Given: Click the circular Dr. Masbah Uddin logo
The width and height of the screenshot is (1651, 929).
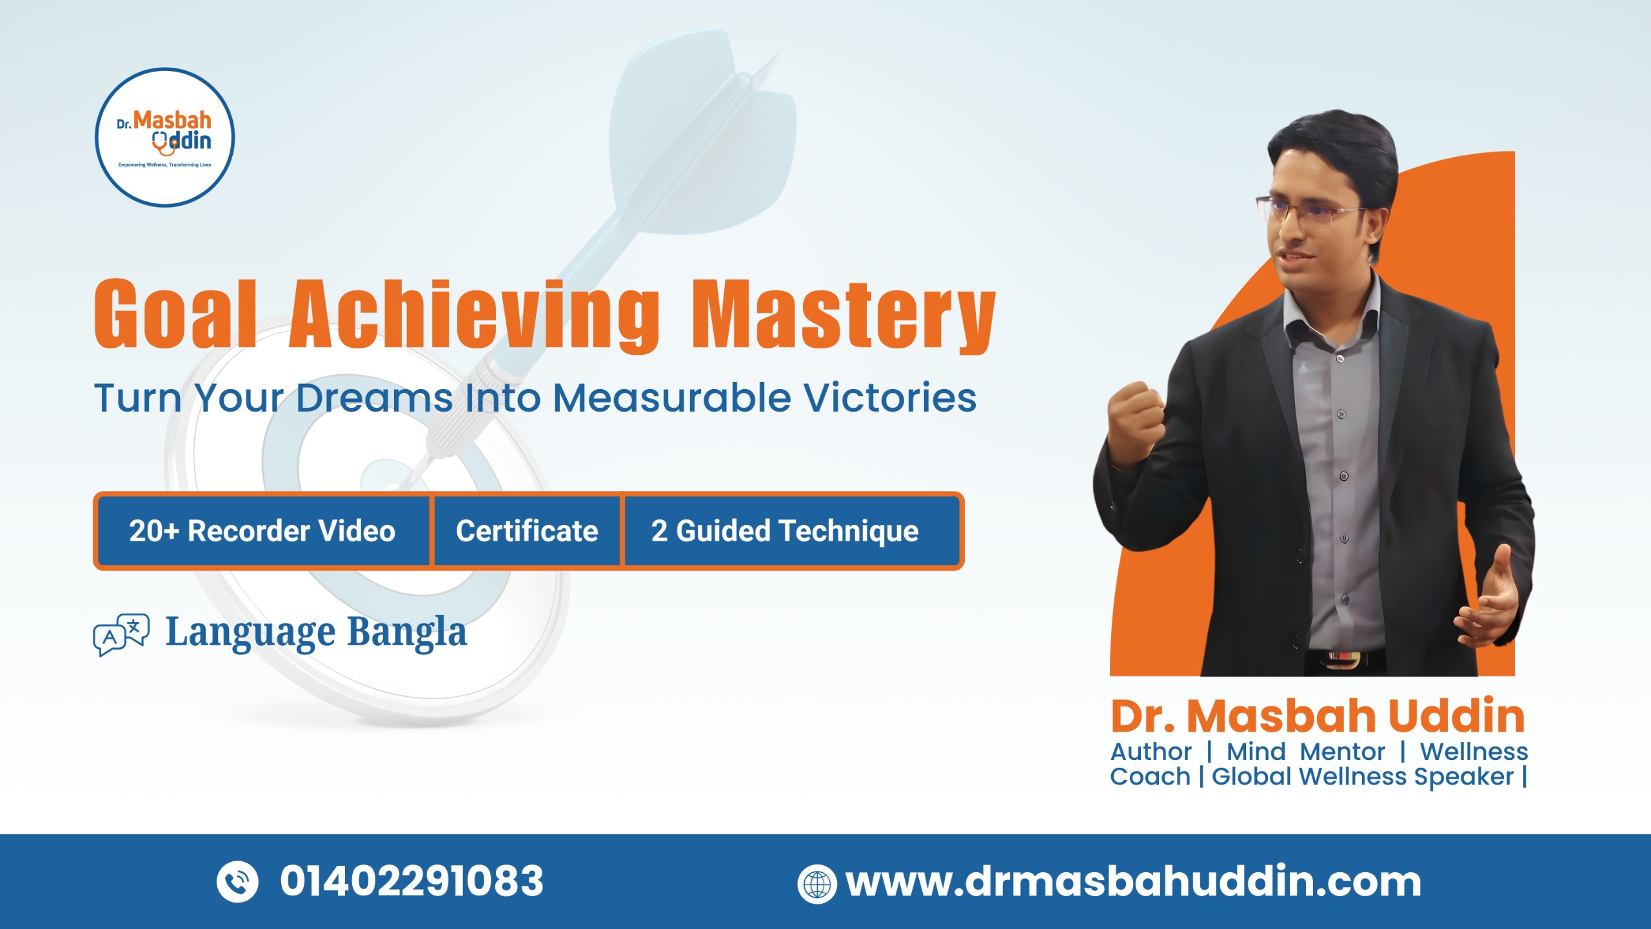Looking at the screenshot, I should click(164, 137).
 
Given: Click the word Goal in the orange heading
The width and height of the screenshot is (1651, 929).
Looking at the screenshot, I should click(175, 314).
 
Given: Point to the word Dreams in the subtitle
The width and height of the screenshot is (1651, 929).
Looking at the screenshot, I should click(374, 397).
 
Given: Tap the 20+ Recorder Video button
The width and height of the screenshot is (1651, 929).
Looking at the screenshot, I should click(262, 531).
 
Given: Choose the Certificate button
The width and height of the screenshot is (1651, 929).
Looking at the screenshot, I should click(527, 531).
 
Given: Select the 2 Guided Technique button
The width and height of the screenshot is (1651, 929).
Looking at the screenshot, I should click(785, 531).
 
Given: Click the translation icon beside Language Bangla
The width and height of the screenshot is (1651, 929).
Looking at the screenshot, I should click(121, 634).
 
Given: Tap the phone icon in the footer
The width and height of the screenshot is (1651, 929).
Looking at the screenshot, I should click(237, 881).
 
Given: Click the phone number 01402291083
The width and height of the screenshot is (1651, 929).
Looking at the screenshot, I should click(411, 881).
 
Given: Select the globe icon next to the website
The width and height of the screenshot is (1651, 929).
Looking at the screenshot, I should click(817, 884).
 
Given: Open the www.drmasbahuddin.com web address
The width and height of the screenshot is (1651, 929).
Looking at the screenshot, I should click(1133, 881).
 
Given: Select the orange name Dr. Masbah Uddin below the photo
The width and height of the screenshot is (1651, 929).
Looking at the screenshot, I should click(1318, 716).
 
